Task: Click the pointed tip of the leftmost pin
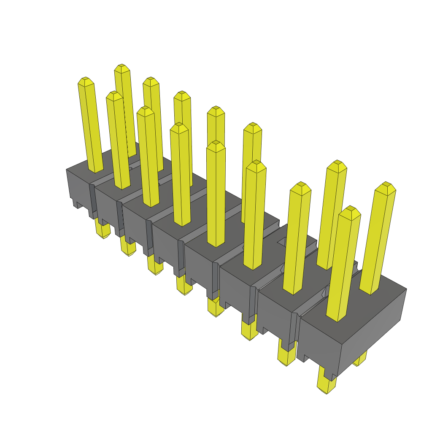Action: point(86,80)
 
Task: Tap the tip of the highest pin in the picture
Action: point(122,67)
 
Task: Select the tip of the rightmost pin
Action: point(385,185)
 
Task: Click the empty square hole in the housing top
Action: point(281,242)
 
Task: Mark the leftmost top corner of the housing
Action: point(67,170)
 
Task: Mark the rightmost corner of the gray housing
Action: point(406,289)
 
